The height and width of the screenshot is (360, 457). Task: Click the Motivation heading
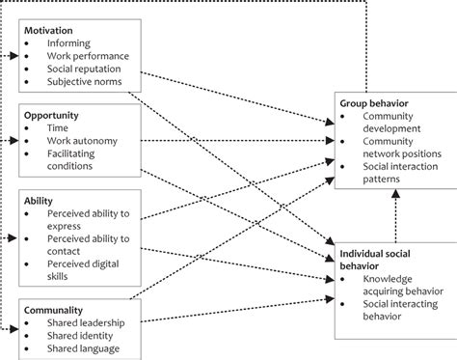49,29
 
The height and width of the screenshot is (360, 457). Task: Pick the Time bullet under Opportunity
57,127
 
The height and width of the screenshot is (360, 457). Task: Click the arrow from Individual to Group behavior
393,214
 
